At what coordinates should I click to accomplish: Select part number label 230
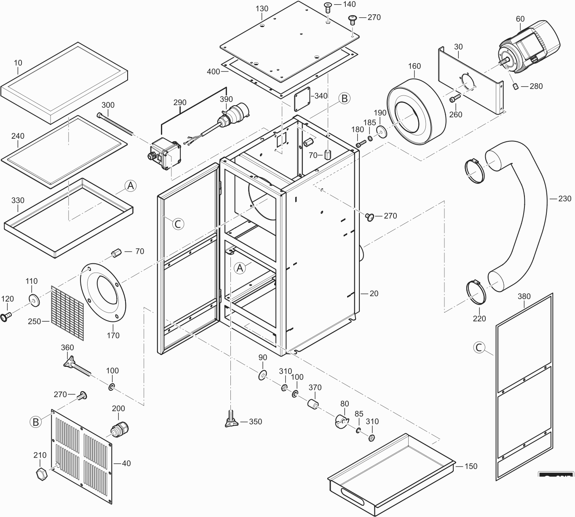[x=565, y=199]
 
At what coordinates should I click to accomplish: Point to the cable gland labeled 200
[x=118, y=428]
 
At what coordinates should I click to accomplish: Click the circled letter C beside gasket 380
[x=479, y=347]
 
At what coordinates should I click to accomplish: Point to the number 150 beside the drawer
[x=471, y=466]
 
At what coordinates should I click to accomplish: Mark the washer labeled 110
[x=33, y=300]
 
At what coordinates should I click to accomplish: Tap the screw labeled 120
[x=6, y=316]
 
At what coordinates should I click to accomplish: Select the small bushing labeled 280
[x=515, y=87]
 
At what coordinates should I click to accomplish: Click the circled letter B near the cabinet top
[x=345, y=98]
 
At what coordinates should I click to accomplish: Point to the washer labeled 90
[x=262, y=375]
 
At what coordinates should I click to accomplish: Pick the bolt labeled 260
[x=453, y=100]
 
